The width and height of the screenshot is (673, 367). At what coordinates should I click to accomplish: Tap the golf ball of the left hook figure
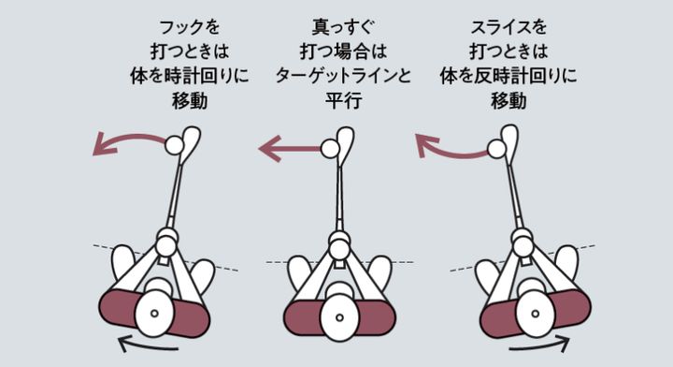pos(173,145)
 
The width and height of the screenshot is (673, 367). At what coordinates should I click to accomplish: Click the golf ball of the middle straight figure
pos(329,148)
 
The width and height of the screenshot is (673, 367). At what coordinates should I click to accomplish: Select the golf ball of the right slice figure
pos(496,148)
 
